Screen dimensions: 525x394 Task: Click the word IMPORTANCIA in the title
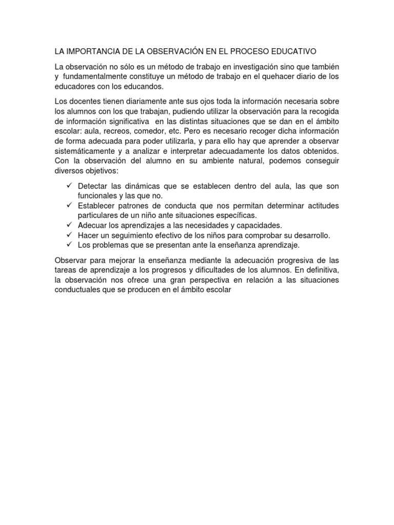click(91, 51)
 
